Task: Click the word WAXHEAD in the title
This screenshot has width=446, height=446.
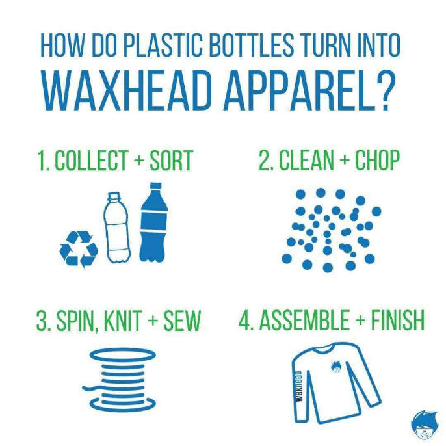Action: [x=127, y=90]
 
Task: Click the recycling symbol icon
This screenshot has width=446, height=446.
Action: [x=79, y=248]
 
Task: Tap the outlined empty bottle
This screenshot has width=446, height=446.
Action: [x=117, y=227]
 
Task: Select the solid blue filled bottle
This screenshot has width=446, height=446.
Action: [x=154, y=222]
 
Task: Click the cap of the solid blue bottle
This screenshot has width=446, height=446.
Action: [x=155, y=186]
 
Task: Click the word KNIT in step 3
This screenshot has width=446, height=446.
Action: [x=123, y=321]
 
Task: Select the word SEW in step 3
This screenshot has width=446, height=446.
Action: [x=182, y=321]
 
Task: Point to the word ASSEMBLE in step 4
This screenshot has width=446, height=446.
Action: [x=304, y=321]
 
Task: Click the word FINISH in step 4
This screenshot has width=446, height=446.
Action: [x=398, y=321]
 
